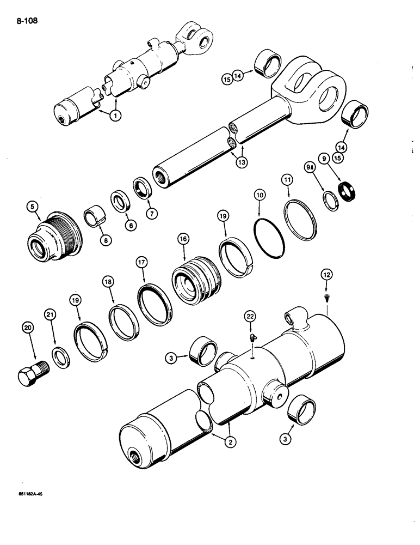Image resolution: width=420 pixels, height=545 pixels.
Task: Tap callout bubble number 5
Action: point(33,207)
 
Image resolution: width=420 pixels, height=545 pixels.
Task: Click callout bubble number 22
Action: point(250,316)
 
